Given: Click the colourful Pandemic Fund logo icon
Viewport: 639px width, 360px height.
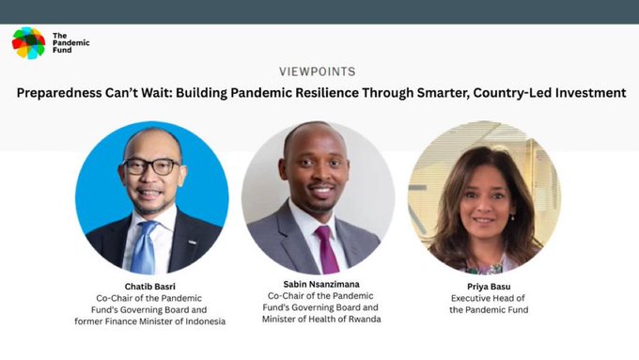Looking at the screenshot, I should pyautogui.click(x=28, y=43).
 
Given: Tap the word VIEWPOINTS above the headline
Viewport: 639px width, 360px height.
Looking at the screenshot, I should pyautogui.click(x=318, y=71).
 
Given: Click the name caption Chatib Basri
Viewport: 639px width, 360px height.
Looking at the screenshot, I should pyautogui.click(x=150, y=285).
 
